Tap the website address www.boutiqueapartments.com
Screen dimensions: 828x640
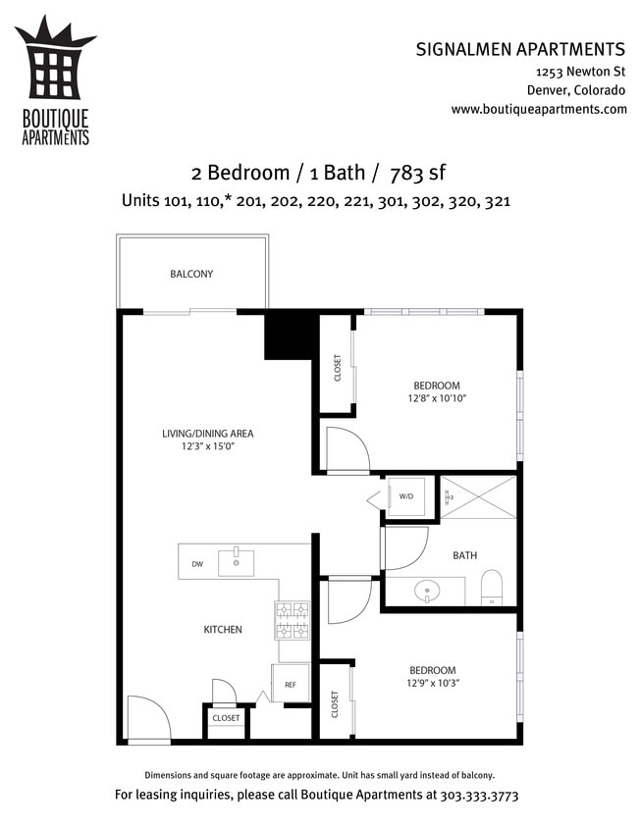pyautogui.click(x=539, y=109)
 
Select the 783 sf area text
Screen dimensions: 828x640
pyautogui.click(x=417, y=174)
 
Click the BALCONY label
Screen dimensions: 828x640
pyautogui.click(x=191, y=274)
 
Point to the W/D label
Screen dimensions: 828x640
pyautogui.click(x=406, y=496)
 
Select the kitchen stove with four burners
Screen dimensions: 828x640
pyautogui.click(x=293, y=620)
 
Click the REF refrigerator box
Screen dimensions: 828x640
pyautogui.click(x=291, y=684)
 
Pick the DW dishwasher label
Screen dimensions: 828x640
pyautogui.click(x=197, y=564)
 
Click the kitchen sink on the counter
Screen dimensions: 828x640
pyautogui.click(x=236, y=563)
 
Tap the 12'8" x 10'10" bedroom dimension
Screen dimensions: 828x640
pyautogui.click(x=437, y=398)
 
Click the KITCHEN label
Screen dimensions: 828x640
pyautogui.click(x=223, y=629)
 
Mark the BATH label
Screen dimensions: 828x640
pyautogui.click(x=465, y=555)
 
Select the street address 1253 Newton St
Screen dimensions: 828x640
pyautogui.click(x=580, y=73)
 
